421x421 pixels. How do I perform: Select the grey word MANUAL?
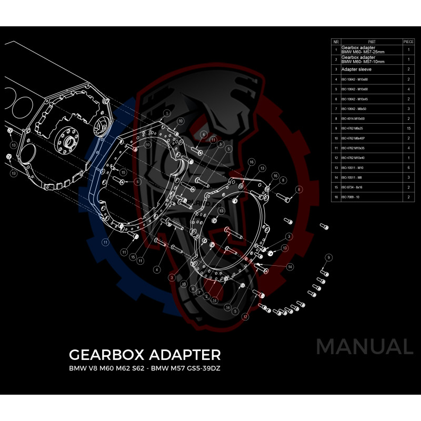[x=364, y=347]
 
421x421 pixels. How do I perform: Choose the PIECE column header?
[x=408, y=41]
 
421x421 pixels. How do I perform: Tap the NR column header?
[x=335, y=41]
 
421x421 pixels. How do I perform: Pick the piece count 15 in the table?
[x=408, y=128]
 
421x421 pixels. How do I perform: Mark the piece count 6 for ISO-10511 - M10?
[x=408, y=167]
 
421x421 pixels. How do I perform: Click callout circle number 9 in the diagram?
[x=328, y=257]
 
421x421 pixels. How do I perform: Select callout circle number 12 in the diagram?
[x=245, y=317]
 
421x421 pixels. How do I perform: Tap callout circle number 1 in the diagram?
[x=166, y=113]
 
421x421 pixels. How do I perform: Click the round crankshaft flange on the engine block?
[x=67, y=141]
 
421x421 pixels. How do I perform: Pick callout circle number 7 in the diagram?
[x=200, y=291]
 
